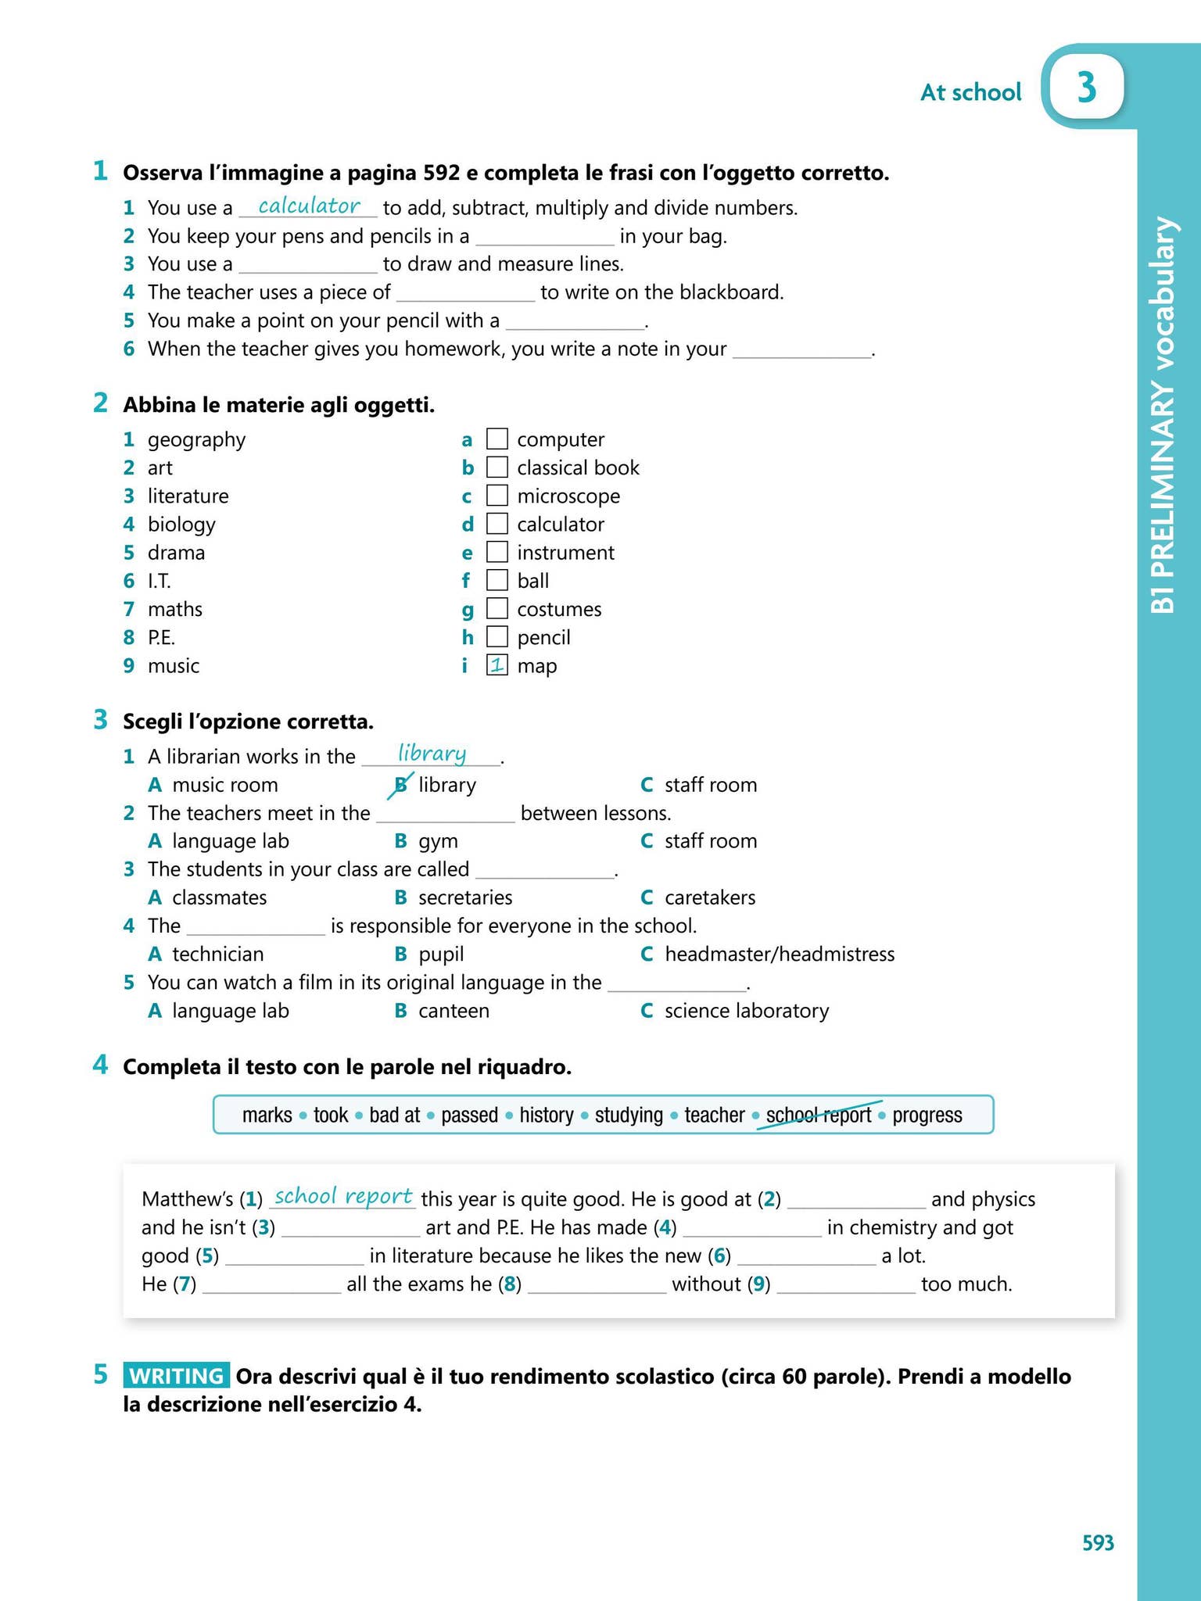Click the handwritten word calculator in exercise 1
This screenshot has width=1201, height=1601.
309,206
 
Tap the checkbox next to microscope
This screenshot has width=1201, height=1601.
497,496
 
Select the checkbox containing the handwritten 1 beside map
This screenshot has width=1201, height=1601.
497,665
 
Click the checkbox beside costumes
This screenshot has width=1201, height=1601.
497,608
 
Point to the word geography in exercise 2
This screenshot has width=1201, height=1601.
196,439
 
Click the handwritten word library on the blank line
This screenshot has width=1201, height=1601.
432,754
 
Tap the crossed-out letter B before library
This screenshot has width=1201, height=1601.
401,784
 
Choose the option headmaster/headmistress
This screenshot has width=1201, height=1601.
779,954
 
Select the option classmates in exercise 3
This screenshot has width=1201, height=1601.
219,897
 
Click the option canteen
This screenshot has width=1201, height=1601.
454,1011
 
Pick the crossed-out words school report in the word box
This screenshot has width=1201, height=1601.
818,1115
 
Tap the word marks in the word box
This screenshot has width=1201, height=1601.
267,1115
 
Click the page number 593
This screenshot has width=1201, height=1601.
1098,1543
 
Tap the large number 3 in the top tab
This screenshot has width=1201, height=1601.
1086,88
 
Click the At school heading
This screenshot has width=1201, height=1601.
970,92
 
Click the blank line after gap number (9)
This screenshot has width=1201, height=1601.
846,1284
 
